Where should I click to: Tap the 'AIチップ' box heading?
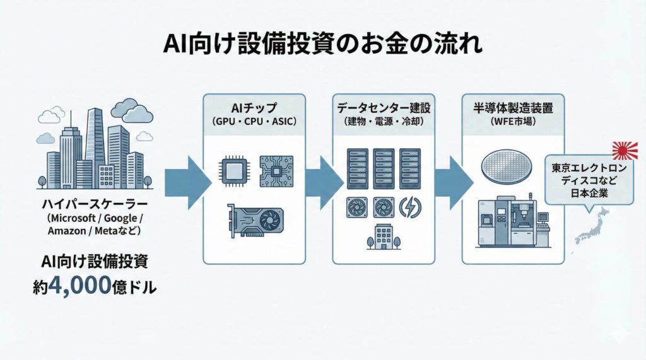(254, 107)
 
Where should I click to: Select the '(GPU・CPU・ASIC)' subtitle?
(254, 120)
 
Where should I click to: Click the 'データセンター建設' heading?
(383, 107)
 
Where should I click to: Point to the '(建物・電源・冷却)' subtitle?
(383, 120)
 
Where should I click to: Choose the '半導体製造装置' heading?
(513, 107)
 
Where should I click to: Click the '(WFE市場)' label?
(513, 120)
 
